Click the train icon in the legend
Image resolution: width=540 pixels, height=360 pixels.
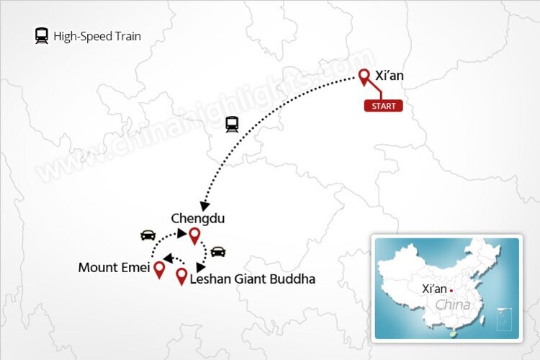click(42, 35)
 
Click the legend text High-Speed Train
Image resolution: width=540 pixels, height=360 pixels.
click(96, 35)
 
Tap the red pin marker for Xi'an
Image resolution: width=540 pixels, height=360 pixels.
click(364, 76)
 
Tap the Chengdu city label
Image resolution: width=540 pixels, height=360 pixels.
click(192, 217)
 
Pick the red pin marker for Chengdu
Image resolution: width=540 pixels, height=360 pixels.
click(194, 235)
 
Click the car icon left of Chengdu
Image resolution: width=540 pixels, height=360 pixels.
click(148, 235)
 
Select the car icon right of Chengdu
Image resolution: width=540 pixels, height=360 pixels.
click(217, 251)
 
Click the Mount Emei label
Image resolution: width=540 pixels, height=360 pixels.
click(113, 269)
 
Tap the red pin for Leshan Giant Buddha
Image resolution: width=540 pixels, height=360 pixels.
click(181, 276)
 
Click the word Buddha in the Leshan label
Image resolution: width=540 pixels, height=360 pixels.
click(294, 279)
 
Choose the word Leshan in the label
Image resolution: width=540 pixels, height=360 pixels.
click(210, 279)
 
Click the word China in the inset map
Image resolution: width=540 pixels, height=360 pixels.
click(452, 305)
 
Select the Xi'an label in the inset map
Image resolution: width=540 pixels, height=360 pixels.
click(435, 289)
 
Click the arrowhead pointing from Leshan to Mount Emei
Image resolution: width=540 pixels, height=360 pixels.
click(167, 258)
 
